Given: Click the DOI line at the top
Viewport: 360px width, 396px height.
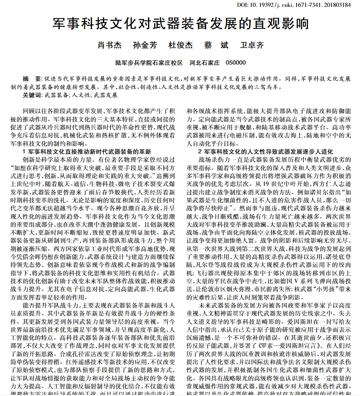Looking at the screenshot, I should click(299, 5).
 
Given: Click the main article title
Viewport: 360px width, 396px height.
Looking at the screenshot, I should click(180, 24).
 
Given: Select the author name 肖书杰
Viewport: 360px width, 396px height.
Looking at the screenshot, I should click(110, 45).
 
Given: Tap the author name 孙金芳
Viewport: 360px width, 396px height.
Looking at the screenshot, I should click(145, 45).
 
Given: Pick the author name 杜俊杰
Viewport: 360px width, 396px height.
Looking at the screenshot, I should click(180, 45).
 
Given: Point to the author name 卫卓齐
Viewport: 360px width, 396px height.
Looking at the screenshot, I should click(252, 45).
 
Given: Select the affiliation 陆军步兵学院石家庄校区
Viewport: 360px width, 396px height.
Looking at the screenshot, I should click(149, 63).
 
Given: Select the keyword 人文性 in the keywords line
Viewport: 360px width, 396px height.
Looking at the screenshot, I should click(81, 95).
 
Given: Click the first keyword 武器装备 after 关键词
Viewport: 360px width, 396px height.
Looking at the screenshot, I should click(57, 95).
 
